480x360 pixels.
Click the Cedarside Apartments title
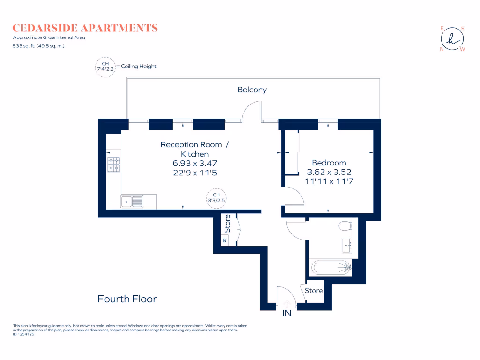click(x=85, y=28)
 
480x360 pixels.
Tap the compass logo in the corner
click(x=452, y=39)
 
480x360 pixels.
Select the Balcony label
click(x=252, y=90)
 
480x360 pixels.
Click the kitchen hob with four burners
click(x=114, y=164)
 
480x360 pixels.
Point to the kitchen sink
click(x=132, y=202)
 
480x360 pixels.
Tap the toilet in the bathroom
click(x=345, y=226)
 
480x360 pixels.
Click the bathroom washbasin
click(x=347, y=244)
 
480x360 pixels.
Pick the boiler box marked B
click(x=225, y=241)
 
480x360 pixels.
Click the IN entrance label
click(x=286, y=313)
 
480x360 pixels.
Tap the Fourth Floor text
click(x=127, y=299)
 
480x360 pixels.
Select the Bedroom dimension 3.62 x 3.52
click(x=329, y=172)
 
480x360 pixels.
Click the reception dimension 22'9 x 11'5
click(x=195, y=172)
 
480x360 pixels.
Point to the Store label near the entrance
click(x=314, y=291)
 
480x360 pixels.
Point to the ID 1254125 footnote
click(x=27, y=334)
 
